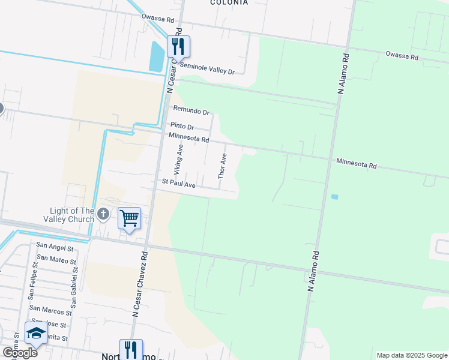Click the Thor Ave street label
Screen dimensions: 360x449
(x=222, y=166)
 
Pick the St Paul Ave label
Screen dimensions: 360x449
(x=178, y=182)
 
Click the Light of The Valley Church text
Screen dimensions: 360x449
(x=72, y=215)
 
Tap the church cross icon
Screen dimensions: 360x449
(x=103, y=214)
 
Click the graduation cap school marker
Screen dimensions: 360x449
(x=36, y=332)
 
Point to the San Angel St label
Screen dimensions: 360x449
(x=54, y=246)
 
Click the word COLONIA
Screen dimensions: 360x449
(x=229, y=3)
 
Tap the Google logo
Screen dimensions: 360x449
(x=20, y=352)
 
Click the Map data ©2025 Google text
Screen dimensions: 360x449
(x=412, y=355)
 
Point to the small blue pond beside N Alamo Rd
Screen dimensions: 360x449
(x=334, y=196)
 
